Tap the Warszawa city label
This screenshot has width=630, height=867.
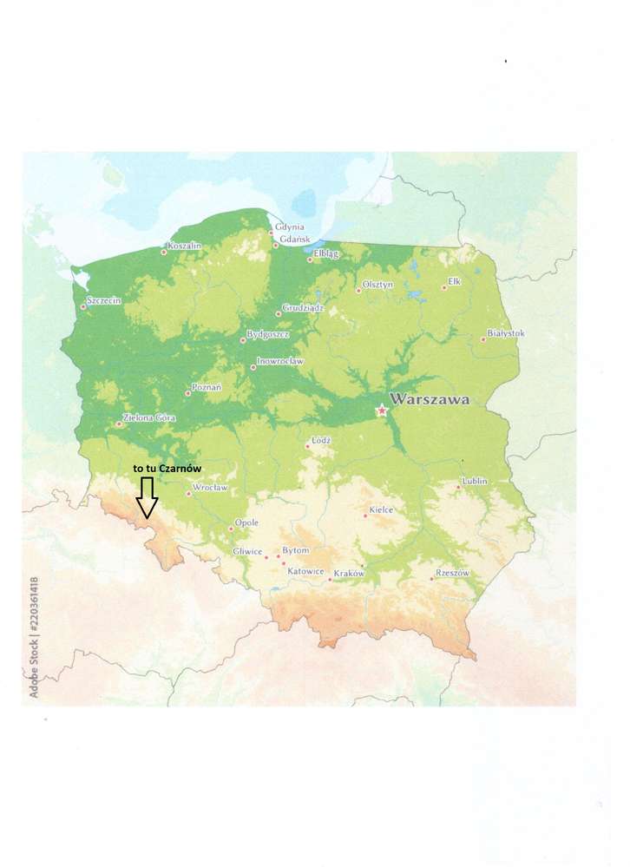pyautogui.click(x=430, y=400)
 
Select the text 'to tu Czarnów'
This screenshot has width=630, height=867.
pyautogui.click(x=167, y=468)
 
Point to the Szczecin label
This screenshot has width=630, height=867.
pyautogui.click(x=104, y=300)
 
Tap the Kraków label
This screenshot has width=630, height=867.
pyautogui.click(x=349, y=573)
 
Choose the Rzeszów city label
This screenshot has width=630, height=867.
pyautogui.click(x=452, y=573)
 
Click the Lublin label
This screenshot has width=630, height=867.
pyautogui.click(x=475, y=481)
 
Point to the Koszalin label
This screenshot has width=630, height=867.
pyautogui.click(x=184, y=246)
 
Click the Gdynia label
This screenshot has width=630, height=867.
pyautogui.click(x=290, y=227)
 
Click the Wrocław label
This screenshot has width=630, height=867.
pyautogui.click(x=210, y=488)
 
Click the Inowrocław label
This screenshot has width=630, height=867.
pyautogui.click(x=279, y=361)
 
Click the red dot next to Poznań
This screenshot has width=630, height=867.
pyautogui.click(x=188, y=393)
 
